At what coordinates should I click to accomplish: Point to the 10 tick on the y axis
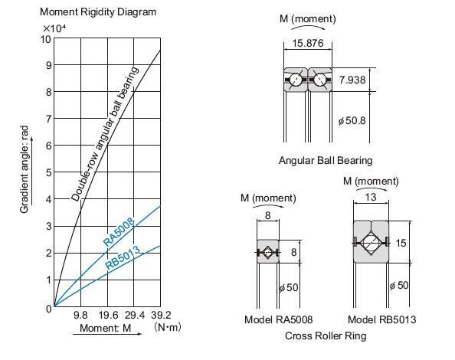coord(46,39)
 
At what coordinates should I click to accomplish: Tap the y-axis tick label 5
coord(47,173)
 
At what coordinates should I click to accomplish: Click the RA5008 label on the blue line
coord(119,233)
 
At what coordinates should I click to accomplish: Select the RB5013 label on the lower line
coord(123,256)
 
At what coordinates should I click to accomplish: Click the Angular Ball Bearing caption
coord(326,161)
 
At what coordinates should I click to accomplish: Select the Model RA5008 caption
coord(278,319)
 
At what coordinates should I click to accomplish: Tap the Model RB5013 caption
coord(381,319)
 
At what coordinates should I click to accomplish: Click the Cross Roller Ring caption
coord(326,335)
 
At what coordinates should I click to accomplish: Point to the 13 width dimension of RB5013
coord(371,197)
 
